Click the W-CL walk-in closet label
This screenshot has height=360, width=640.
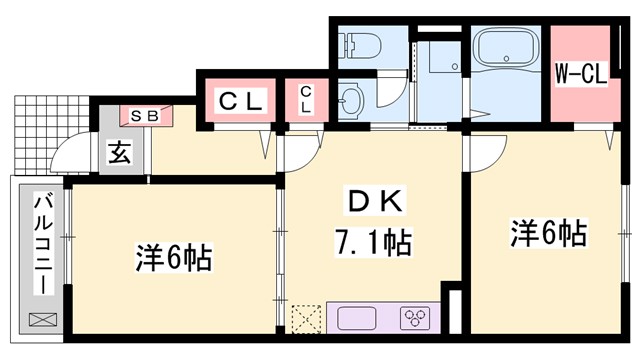(x=581, y=73)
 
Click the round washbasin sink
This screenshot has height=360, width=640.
(x=349, y=100)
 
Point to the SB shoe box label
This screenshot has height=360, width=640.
(x=145, y=116)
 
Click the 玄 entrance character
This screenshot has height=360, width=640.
(x=119, y=155)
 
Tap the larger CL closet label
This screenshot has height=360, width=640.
(x=241, y=101)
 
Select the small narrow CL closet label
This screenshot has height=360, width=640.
(x=306, y=101)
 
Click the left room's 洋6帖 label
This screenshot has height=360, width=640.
(x=172, y=259)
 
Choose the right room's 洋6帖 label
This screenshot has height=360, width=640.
(x=547, y=235)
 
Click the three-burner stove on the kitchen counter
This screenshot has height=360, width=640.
(x=415, y=319)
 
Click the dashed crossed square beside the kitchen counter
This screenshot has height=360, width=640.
(x=306, y=318)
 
